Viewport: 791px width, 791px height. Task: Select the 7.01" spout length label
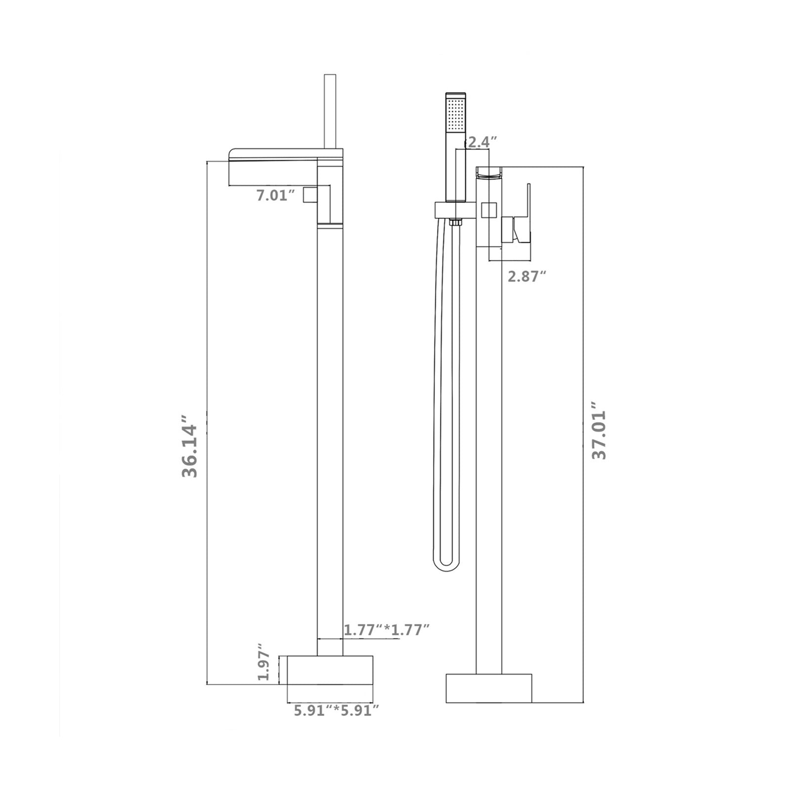click(x=275, y=195)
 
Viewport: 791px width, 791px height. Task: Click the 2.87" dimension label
click(x=527, y=276)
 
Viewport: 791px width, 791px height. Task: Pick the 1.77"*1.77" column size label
click(x=386, y=630)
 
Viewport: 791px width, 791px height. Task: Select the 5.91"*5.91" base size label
click(x=337, y=710)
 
